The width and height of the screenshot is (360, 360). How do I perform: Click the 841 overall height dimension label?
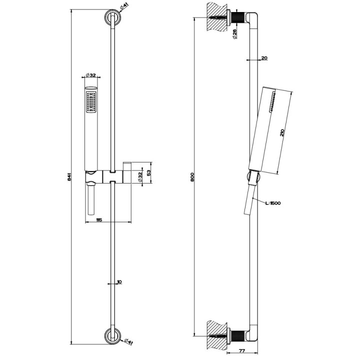(x=69, y=176)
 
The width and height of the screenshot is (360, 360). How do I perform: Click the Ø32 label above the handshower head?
(x=90, y=74)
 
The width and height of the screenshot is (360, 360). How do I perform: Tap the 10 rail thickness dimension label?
(x=118, y=282)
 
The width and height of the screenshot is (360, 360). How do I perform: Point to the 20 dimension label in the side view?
(x=264, y=58)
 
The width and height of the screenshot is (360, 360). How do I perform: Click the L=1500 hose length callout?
(x=272, y=202)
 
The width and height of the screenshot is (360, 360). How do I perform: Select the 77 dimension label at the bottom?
(x=241, y=351)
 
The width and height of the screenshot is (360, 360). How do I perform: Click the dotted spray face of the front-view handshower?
(x=90, y=102)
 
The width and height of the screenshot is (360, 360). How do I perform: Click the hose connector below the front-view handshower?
(x=90, y=200)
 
